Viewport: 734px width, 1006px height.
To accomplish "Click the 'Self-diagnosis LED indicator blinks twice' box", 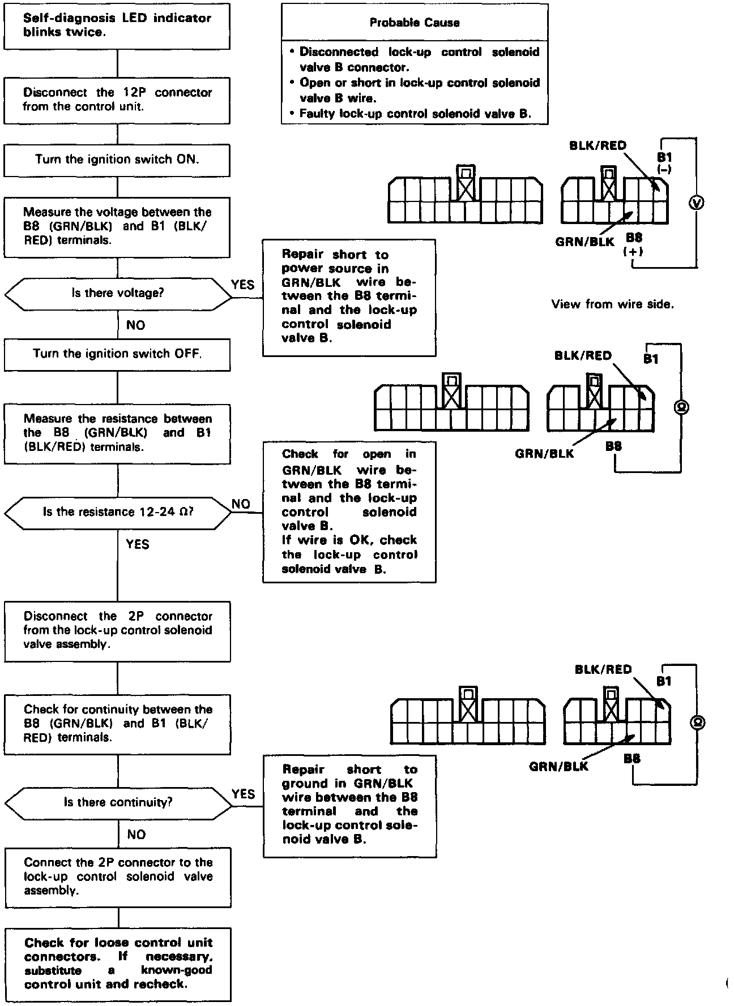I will (117, 25).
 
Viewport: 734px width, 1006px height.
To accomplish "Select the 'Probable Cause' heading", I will (414, 23).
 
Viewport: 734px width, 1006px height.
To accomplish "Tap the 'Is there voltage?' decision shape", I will (117, 293).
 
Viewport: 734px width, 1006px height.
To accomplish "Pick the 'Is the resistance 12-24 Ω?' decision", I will (118, 512).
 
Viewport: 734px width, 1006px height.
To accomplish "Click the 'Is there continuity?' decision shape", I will (118, 802).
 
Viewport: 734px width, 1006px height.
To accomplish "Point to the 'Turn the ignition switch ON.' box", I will (117, 160).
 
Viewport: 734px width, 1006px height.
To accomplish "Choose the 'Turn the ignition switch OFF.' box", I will (117, 354).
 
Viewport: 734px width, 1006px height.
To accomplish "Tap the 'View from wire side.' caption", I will (612, 304).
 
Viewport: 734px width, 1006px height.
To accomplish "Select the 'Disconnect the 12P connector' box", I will (117, 100).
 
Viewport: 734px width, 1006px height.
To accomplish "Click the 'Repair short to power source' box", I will (349, 297).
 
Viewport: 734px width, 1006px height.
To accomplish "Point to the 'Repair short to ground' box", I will (349, 805).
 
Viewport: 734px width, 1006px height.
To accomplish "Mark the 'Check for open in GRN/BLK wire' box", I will (349, 511).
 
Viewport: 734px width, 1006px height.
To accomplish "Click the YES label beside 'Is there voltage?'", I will (243, 285).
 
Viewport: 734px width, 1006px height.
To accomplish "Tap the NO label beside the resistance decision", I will (241, 504).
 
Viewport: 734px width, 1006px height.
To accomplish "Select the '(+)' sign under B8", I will (633, 251).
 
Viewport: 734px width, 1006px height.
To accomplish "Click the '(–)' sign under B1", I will (664, 169).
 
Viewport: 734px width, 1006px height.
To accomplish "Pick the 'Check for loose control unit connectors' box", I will (118, 964).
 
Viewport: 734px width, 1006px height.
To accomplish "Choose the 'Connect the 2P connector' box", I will (118, 876).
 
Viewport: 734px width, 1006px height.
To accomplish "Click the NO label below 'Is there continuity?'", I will (136, 835).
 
